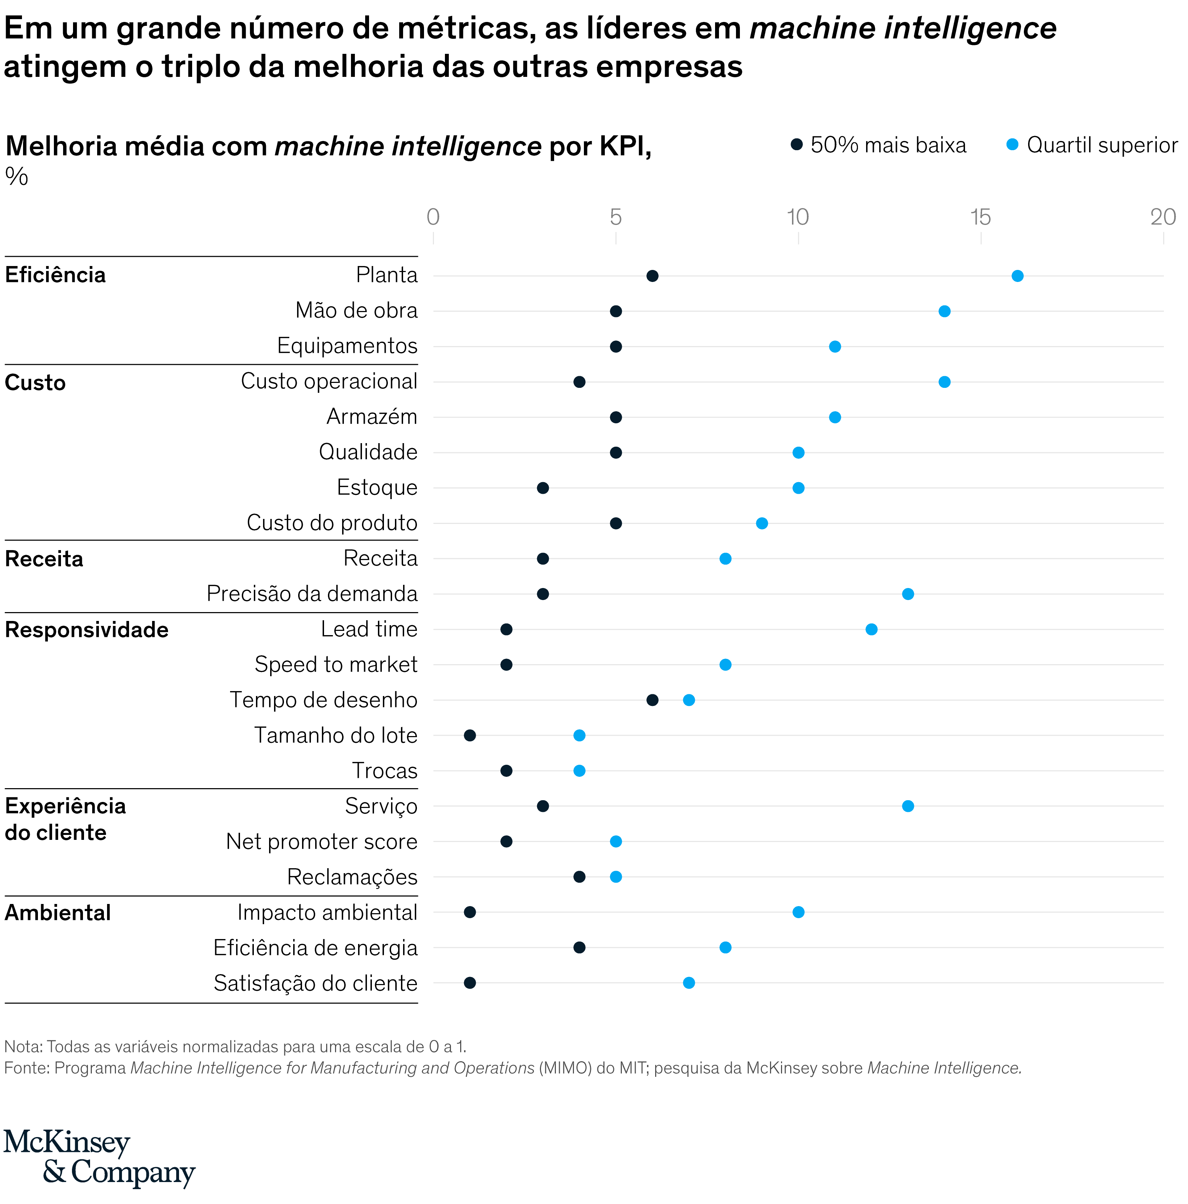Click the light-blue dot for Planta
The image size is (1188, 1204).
pyautogui.click(x=1017, y=276)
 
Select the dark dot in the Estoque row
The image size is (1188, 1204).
pyautogui.click(x=542, y=488)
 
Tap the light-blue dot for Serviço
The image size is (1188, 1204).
pyautogui.click(x=908, y=807)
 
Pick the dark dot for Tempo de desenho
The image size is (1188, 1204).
pyautogui.click(x=652, y=700)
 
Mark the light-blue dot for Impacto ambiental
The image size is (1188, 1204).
pyautogui.click(x=798, y=912)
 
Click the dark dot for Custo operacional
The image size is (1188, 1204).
pyautogui.click(x=579, y=382)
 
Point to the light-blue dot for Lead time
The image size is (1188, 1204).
pyautogui.click(x=871, y=629)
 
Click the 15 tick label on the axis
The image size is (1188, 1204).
pyautogui.click(x=980, y=217)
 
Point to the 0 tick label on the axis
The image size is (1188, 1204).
pyautogui.click(x=433, y=217)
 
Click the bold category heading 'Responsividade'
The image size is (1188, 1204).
pyautogui.click(x=87, y=630)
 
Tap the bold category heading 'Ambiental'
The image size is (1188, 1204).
pyautogui.click(x=58, y=913)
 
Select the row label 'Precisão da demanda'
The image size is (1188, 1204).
pyautogui.click(x=312, y=594)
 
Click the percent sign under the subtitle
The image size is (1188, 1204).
pyautogui.click(x=17, y=177)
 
